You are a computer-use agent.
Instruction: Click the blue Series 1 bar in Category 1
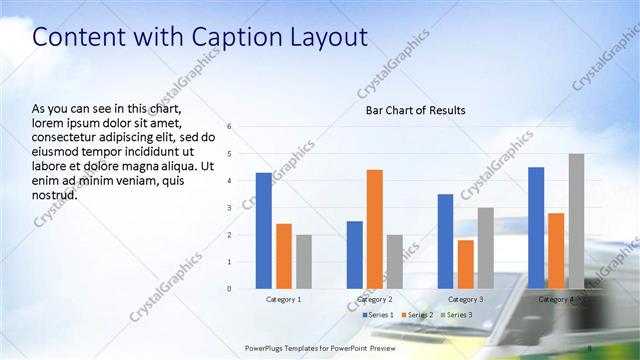pos(263,231)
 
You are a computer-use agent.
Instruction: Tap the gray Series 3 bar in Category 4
pos(576,221)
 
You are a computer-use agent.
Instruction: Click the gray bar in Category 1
pos(304,262)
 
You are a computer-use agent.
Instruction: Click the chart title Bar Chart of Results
pos(415,110)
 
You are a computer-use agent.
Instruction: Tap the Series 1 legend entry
pos(377,315)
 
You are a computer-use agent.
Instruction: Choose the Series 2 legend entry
pos(416,315)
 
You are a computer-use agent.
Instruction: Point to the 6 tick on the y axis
pos(230,127)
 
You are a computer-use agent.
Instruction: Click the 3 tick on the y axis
pos(230,208)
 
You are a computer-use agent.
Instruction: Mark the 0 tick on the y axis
pos(230,289)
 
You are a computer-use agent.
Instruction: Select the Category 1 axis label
pos(284,299)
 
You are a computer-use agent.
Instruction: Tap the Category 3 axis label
pos(466,299)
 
